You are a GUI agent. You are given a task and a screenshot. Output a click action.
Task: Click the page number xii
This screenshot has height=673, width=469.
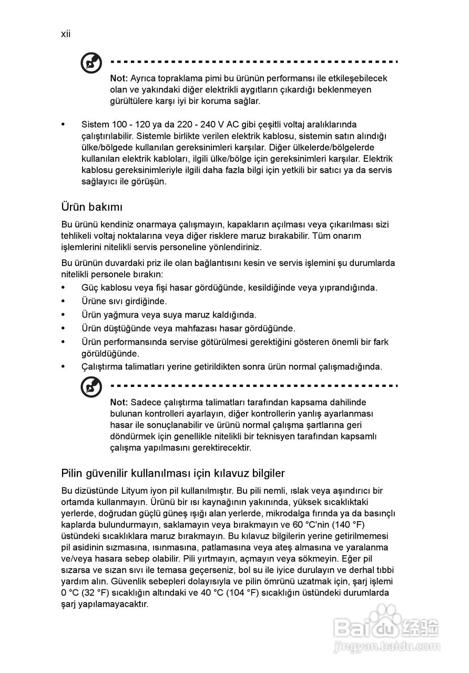coord(66,34)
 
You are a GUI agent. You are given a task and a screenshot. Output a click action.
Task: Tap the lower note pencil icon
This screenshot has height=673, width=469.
coord(91,389)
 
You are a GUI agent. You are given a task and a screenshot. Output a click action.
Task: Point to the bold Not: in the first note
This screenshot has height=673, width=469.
coord(119,78)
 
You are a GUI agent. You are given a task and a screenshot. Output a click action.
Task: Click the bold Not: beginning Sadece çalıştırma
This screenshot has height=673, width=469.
coord(119,403)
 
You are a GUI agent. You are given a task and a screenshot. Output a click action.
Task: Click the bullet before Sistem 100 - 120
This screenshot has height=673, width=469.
coord(64,125)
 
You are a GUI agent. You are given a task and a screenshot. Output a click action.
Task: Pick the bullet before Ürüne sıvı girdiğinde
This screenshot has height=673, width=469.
coord(64,301)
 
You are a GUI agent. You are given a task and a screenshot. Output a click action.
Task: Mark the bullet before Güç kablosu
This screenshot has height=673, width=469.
coord(64,288)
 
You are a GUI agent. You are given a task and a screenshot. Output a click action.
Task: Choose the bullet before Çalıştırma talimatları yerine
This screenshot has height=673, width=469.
coord(64,366)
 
